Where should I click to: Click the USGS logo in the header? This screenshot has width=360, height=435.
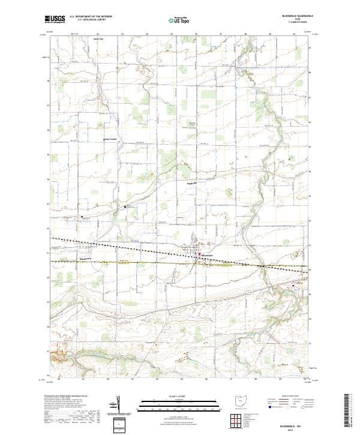point(55,19)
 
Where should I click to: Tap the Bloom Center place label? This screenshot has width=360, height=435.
point(110,141)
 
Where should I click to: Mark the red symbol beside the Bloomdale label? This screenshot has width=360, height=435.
point(200,254)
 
